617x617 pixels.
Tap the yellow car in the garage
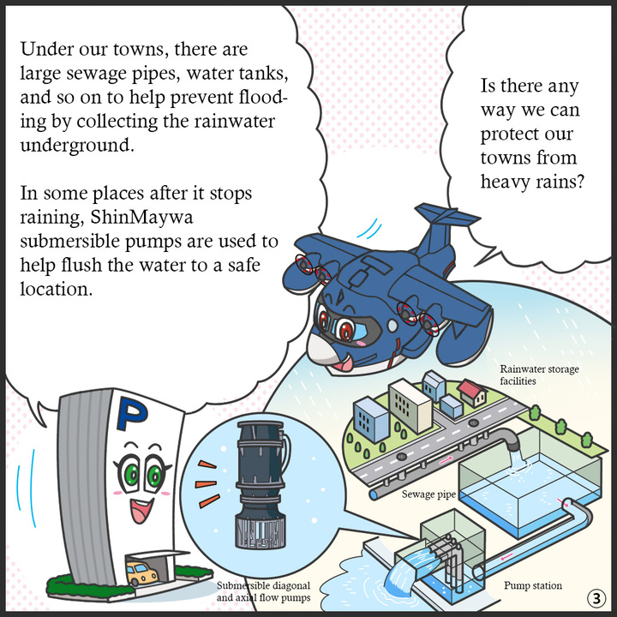tap(142, 572)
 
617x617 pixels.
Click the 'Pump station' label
tap(533, 586)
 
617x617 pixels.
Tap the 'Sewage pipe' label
tap(429, 494)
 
